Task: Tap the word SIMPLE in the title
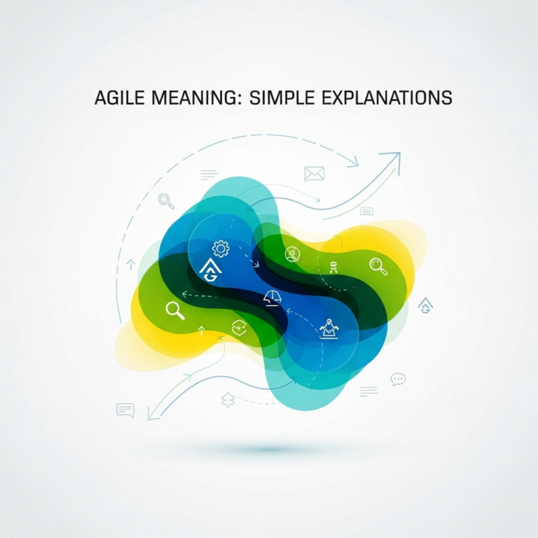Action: tap(278, 98)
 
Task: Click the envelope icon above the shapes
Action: tap(314, 173)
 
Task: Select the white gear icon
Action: tap(221, 248)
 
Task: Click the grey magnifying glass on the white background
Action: tap(166, 201)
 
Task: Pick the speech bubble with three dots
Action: tap(398, 380)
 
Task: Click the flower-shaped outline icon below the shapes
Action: tap(227, 400)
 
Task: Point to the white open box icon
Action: tap(238, 325)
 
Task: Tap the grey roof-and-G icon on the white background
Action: tap(425, 305)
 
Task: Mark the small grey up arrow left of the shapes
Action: tap(130, 264)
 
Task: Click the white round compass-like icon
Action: tap(293, 254)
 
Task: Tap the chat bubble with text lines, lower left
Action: tap(125, 411)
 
